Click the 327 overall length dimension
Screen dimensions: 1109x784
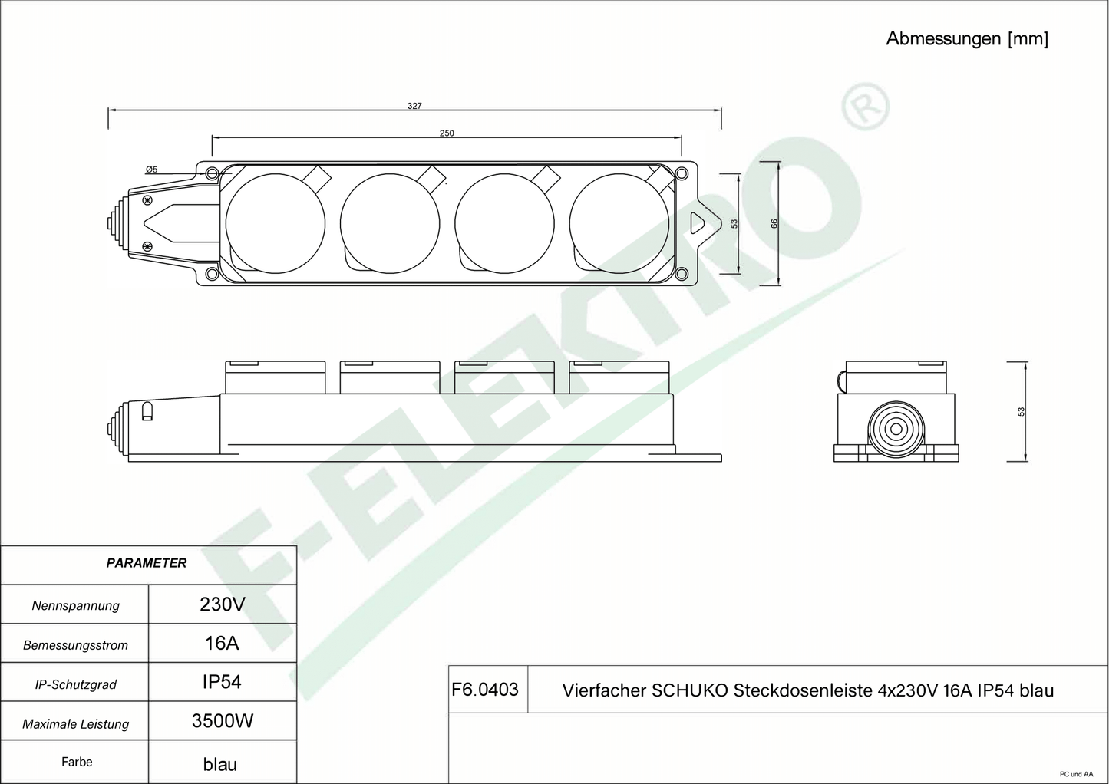(414, 106)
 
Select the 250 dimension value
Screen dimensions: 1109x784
(447, 133)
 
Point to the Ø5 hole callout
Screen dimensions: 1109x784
(151, 170)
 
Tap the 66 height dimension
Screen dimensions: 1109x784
(774, 224)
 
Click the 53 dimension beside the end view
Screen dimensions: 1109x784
(1021, 412)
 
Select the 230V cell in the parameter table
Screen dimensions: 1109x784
(223, 604)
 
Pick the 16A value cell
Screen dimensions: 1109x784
(222, 644)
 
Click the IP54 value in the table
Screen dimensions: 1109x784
(222, 682)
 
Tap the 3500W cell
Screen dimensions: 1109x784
(223, 721)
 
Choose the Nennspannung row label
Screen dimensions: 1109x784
(76, 606)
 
